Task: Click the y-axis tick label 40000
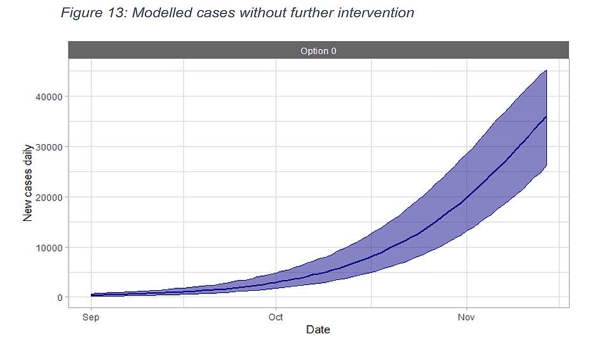pos(49,97)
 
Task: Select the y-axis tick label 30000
pos(49,147)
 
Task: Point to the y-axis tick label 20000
pos(49,197)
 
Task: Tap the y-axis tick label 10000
pos(49,248)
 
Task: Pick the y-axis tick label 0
pos(60,298)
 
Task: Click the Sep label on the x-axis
pos(91,317)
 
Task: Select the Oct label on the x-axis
pos(276,317)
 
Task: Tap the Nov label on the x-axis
pos(466,317)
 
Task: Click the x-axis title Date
pos(318,330)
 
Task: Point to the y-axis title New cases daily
pos(28,183)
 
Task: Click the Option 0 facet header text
pos(318,51)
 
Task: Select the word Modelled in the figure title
pos(162,13)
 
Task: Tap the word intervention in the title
pos(375,13)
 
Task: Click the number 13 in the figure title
pos(116,13)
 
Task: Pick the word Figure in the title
pos(81,13)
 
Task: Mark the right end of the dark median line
pos(546,116)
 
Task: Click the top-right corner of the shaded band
pos(547,70)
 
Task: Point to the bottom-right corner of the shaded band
pos(547,166)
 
